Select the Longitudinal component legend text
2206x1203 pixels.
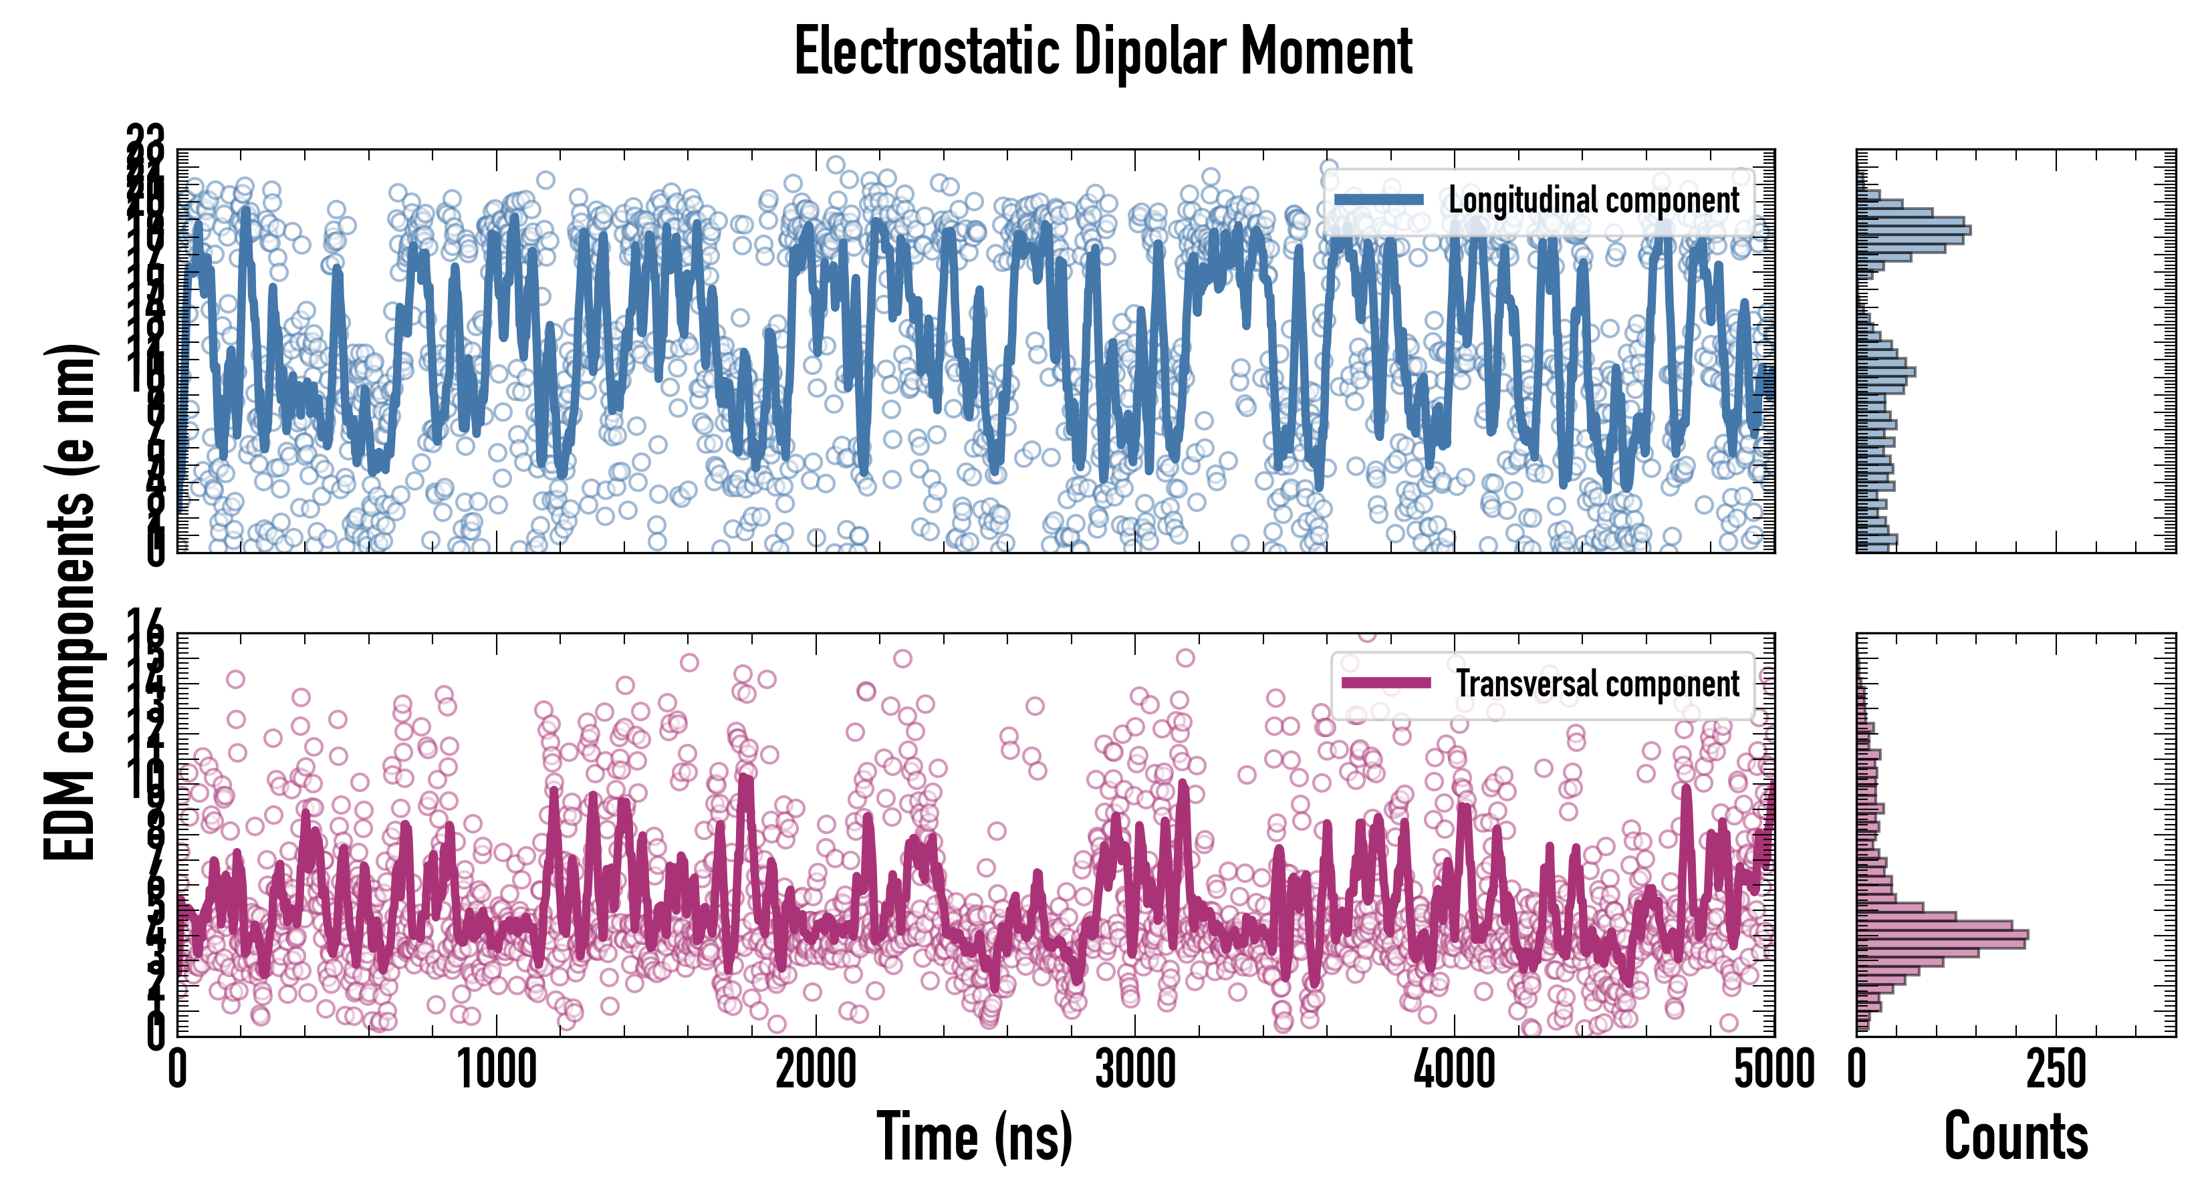tap(1593, 200)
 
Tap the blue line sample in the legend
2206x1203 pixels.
tap(1378, 200)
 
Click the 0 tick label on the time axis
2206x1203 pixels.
tap(177, 1069)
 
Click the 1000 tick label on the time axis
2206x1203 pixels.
tap(497, 1069)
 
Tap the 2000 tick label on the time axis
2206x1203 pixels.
tap(816, 1069)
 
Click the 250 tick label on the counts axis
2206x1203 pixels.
tap(2056, 1069)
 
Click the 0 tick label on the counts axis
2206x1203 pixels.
tap(1856, 1069)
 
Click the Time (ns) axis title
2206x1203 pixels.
tap(975, 1137)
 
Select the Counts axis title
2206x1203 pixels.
tap(2016, 1137)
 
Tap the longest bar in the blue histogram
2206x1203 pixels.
tap(1913, 229)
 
